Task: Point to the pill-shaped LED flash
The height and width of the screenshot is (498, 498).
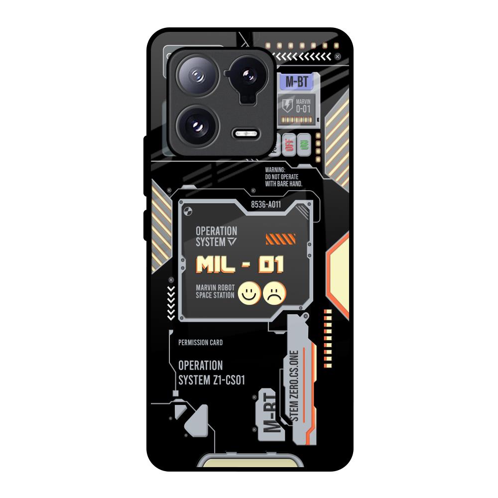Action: coord(246,134)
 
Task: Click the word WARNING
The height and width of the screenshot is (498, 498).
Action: coord(275,170)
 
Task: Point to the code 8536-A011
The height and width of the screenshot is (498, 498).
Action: coord(266,204)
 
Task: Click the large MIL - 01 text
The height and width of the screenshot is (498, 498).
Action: coord(240,265)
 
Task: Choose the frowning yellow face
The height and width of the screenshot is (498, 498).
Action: coord(275,293)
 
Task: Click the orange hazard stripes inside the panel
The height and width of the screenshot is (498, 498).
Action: coord(280,239)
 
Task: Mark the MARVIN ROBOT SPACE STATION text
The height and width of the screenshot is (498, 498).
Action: coord(215,291)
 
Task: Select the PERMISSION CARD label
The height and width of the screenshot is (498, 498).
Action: coord(200,343)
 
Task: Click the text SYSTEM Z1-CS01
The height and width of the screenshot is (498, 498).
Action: coord(212,380)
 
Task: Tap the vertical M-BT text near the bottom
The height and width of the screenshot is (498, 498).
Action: coord(269,411)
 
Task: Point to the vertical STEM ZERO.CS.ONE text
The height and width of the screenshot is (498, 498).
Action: coord(294,386)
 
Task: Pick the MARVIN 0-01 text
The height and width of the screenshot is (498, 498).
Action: coord(303,105)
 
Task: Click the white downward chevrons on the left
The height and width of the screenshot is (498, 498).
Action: coord(171,302)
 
